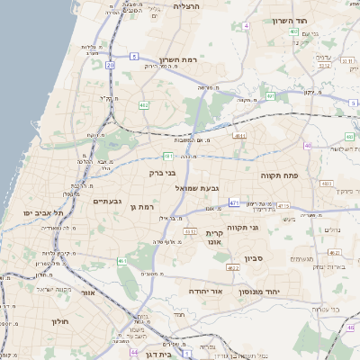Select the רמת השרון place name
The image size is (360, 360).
[x=176, y=59]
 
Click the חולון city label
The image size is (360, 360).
[x=60, y=321]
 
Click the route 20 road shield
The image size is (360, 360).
[x=110, y=65]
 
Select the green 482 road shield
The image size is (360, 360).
[x=144, y=105]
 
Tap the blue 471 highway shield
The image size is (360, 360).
[x=233, y=203]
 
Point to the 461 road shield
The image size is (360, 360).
[x=122, y=261]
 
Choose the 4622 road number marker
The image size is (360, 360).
[x=233, y=267]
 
